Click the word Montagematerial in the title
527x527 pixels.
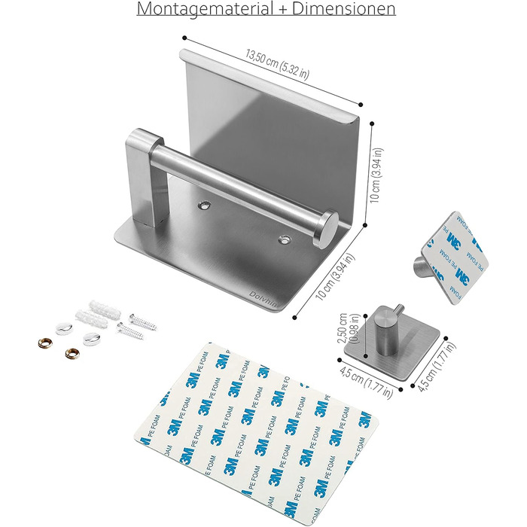(x=205, y=9)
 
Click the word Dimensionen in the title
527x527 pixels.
(x=343, y=8)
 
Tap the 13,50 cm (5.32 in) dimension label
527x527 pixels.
(x=277, y=65)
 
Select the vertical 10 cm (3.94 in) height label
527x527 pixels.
(x=376, y=175)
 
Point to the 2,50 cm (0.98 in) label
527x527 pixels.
(x=348, y=328)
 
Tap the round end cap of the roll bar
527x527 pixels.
(x=326, y=229)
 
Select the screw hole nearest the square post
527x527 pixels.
(x=204, y=205)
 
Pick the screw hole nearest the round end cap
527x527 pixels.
(x=285, y=239)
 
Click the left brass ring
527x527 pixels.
(x=45, y=343)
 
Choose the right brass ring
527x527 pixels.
(x=72, y=354)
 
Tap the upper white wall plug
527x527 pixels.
(x=105, y=310)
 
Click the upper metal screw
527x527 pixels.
(x=143, y=321)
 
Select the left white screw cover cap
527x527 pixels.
(x=64, y=328)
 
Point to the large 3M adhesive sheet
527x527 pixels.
(x=255, y=434)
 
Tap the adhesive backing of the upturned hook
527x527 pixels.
(x=455, y=257)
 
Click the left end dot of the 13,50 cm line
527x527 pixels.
(x=184, y=38)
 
